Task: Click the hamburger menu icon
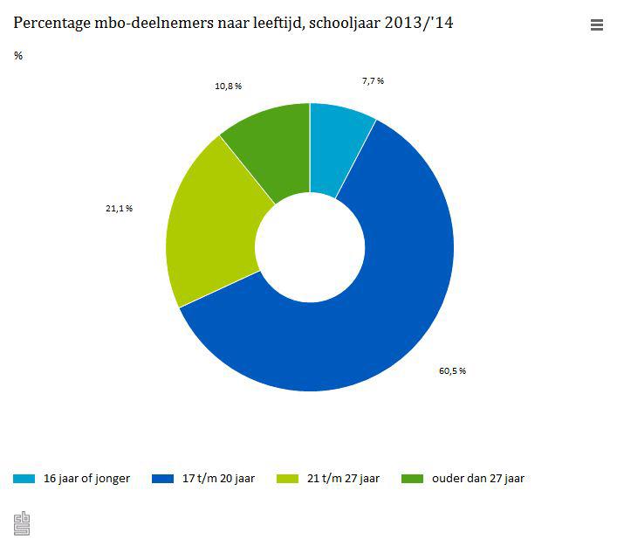[597, 25]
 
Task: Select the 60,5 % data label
[452, 370]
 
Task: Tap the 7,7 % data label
[373, 80]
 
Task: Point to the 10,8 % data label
[228, 86]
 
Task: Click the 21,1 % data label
[119, 208]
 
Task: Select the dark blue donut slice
[384, 297]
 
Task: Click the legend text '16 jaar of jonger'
[86, 478]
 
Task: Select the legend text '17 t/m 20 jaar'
[216, 478]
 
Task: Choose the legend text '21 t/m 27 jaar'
[343, 478]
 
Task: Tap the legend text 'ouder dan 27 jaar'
[478, 478]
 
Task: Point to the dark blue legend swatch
[163, 479]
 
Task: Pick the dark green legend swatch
[413, 479]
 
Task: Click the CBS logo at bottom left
[22, 523]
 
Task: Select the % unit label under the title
[18, 57]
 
